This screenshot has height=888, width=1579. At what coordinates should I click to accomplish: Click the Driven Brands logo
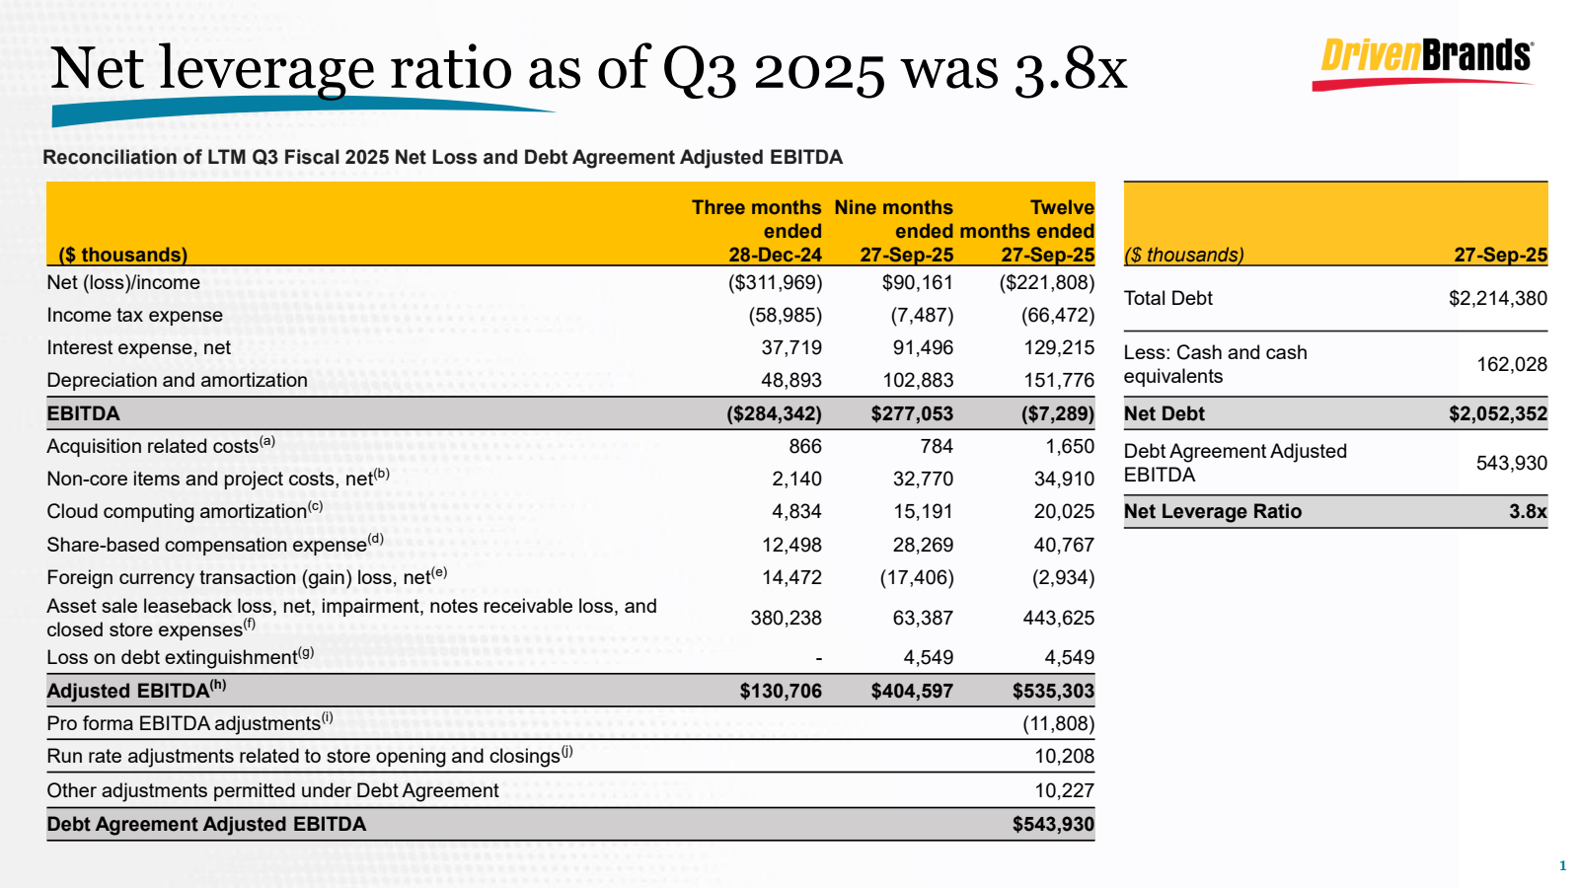(1425, 62)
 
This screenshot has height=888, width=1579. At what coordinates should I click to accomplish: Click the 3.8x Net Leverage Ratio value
(1527, 511)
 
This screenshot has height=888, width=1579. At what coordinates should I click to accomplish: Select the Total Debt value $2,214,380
(1497, 298)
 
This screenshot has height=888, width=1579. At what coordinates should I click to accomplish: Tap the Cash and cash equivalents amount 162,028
(1511, 364)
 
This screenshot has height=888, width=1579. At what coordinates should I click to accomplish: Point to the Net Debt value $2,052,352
(1497, 413)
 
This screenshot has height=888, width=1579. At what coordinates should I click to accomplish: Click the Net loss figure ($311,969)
(775, 282)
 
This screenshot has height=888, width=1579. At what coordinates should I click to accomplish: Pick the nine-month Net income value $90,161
(917, 282)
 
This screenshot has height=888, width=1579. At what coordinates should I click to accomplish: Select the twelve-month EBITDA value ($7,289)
(1057, 413)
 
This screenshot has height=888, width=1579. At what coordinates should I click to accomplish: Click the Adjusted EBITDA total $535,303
(1053, 691)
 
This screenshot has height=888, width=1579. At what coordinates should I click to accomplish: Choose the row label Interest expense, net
(138, 347)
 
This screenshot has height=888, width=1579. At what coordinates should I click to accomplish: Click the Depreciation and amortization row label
(177, 380)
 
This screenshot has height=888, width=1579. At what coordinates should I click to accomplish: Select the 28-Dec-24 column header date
(775, 255)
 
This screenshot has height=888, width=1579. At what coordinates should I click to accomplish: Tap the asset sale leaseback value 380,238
(786, 618)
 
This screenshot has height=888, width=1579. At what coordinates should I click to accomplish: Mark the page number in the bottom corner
(1562, 865)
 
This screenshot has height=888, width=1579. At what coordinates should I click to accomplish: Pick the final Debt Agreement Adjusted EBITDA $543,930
(1053, 824)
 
